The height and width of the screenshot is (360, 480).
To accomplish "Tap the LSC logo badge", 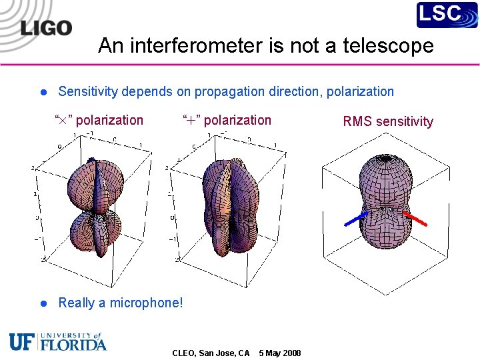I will tap(447, 15).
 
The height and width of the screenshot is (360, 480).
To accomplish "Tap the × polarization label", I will tap(99, 121).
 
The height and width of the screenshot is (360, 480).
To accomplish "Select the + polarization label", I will tap(227, 121).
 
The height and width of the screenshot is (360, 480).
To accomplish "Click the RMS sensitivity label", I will tap(387, 121).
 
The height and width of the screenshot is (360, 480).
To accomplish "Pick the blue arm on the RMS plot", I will tap(355, 219).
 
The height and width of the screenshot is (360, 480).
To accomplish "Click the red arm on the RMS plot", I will tap(415, 218).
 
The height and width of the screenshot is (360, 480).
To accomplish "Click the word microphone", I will tap(147, 303).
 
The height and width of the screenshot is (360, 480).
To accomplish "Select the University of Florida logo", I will tap(58, 341).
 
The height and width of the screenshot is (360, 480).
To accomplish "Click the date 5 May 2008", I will tap(280, 353).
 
